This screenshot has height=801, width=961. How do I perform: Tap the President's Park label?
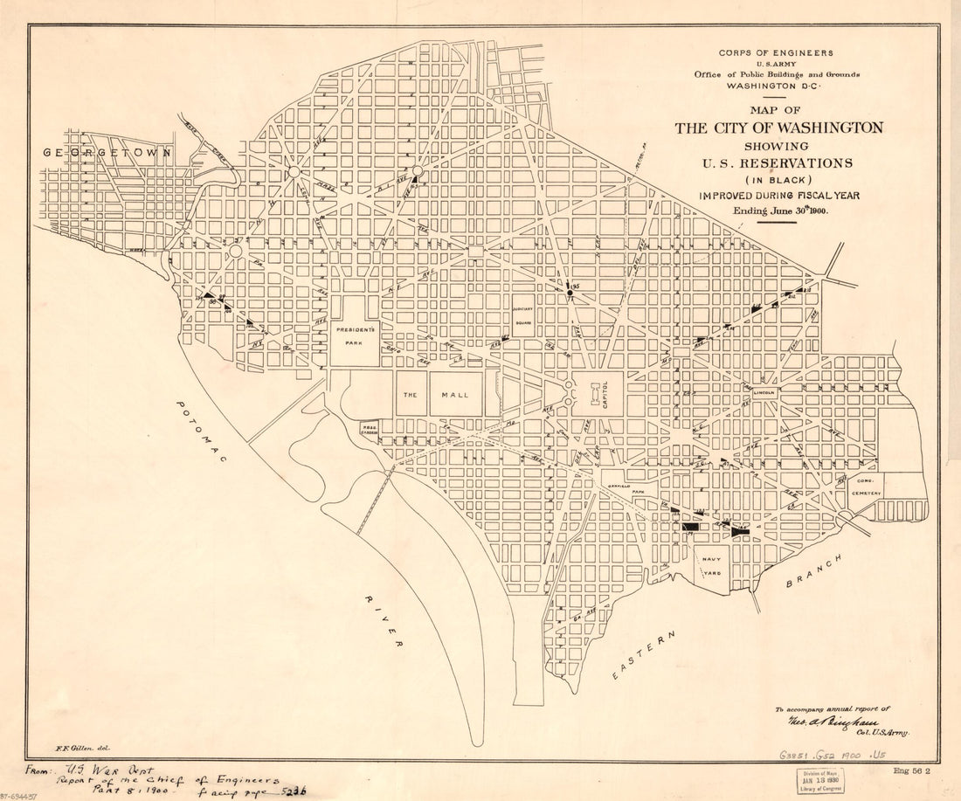pos(356,335)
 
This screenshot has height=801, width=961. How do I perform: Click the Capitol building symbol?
pos(598,395)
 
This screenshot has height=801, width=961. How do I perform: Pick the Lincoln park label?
pos(764,393)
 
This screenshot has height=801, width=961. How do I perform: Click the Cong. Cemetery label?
pos(867,487)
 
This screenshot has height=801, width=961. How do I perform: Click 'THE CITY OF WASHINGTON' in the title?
pos(778,128)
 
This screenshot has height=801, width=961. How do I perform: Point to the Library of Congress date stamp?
pos(819,780)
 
